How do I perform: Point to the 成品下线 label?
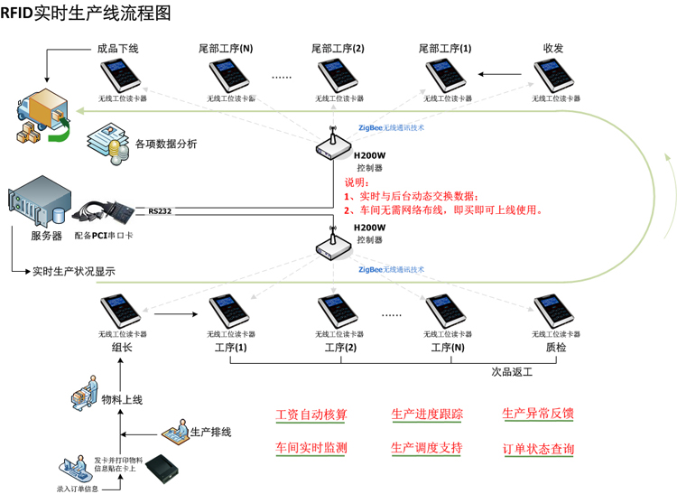(x=117, y=48)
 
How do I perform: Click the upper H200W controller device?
(x=331, y=146)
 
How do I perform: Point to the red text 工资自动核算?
(x=311, y=415)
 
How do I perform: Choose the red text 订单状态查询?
(x=538, y=449)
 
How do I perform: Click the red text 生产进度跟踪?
(x=427, y=415)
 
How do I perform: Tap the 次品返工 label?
(x=513, y=371)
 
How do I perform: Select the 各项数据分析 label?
(x=166, y=144)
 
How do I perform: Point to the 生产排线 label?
(x=210, y=432)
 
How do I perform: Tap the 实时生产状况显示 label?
(x=74, y=271)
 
